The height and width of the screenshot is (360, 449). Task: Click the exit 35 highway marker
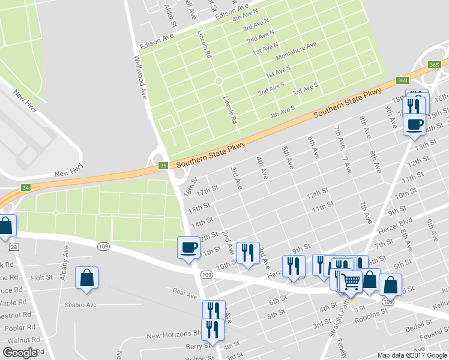(163, 166)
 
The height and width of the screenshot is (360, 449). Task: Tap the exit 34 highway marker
(25, 188)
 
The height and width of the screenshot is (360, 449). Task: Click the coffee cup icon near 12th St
(188, 247)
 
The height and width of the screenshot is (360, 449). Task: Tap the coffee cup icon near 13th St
(415, 125)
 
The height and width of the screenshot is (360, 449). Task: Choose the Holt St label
(42, 278)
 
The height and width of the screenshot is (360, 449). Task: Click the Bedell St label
(414, 328)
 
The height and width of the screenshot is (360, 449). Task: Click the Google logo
(20, 353)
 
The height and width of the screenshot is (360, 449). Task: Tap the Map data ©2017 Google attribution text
(412, 355)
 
